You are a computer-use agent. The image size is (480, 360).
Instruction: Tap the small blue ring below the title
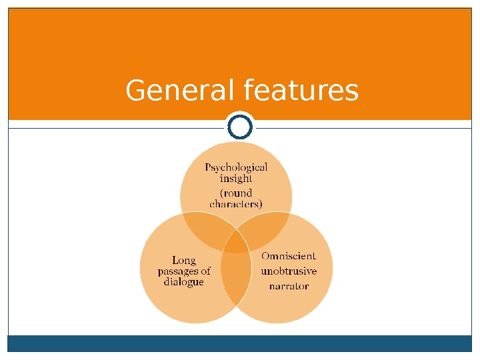(240, 126)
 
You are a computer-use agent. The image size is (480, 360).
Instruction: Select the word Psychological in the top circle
(236, 167)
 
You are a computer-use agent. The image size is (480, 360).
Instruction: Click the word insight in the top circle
(235, 178)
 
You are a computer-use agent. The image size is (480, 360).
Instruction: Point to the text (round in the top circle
(236, 193)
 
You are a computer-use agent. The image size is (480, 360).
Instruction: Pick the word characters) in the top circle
(236, 204)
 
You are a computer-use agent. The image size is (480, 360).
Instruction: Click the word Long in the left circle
(184, 260)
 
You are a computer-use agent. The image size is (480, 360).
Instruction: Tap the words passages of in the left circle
(184, 271)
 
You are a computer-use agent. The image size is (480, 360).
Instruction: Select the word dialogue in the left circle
(184, 282)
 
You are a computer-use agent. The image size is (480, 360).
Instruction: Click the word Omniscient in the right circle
(289, 256)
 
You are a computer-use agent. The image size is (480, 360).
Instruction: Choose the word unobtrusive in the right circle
(289, 271)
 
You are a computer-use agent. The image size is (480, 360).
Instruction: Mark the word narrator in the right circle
(289, 287)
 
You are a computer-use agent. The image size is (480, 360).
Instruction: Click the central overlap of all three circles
(236, 243)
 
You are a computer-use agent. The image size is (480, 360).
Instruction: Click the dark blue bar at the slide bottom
(240, 343)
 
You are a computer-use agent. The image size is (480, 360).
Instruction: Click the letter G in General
(136, 91)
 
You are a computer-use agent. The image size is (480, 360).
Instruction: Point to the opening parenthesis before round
(222, 193)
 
